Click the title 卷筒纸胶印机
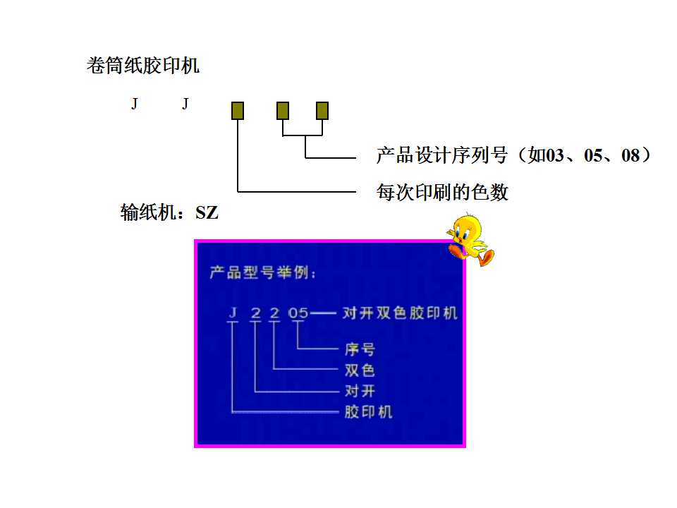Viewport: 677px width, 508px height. [x=142, y=66]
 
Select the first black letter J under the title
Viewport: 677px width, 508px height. [x=134, y=104]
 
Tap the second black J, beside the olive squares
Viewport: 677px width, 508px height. [x=185, y=104]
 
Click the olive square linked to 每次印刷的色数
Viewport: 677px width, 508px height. [x=238, y=110]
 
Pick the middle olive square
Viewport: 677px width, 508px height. [x=283, y=110]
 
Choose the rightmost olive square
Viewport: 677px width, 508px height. [x=322, y=110]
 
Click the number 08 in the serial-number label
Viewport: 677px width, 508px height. [x=630, y=155]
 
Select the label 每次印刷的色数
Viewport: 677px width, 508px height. [x=442, y=192]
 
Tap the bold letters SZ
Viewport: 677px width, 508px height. [x=207, y=212]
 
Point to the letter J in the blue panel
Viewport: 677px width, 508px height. [x=232, y=312]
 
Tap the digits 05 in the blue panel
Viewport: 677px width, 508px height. [x=298, y=312]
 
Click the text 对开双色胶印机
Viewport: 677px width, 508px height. [x=400, y=313]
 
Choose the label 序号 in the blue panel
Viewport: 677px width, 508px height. [x=360, y=349]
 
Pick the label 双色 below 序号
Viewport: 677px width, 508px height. [x=360, y=370]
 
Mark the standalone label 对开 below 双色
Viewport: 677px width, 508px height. [x=360, y=391]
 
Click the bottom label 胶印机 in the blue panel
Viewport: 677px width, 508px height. [x=368, y=411]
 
